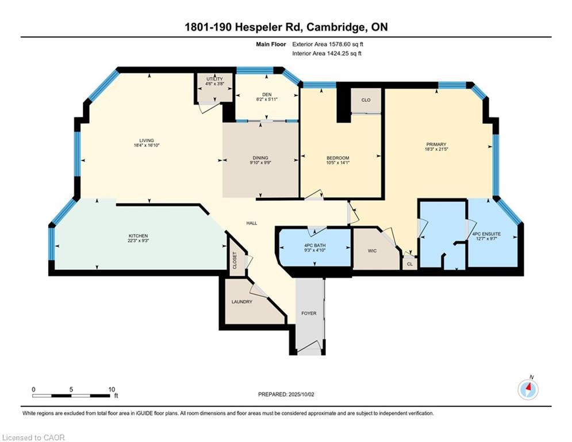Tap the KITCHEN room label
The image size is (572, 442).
[138, 236]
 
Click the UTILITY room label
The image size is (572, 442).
[214, 79]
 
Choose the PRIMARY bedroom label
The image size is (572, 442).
[436, 144]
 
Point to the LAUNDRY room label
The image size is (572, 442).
[242, 302]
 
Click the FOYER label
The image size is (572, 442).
[309, 314]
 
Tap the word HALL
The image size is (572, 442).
[252, 223]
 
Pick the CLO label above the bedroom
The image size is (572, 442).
[366, 100]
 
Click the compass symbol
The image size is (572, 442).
[528, 390]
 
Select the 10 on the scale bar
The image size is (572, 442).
[112, 390]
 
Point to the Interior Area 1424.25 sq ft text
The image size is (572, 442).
[327, 54]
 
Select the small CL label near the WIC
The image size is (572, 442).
[409, 265]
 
